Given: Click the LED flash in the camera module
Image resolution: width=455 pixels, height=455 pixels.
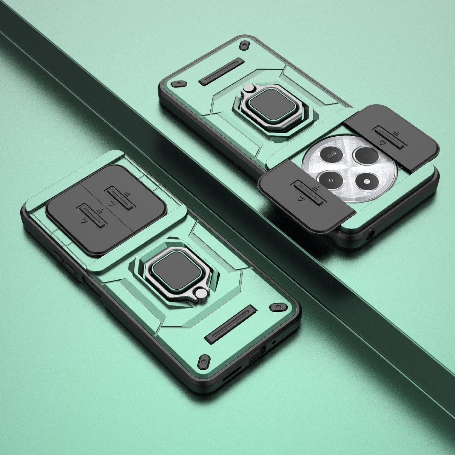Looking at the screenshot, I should [366, 182].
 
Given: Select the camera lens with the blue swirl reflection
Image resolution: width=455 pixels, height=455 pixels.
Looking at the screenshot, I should [330, 180].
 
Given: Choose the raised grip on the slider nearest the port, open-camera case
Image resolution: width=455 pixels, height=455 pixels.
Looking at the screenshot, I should [308, 192].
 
